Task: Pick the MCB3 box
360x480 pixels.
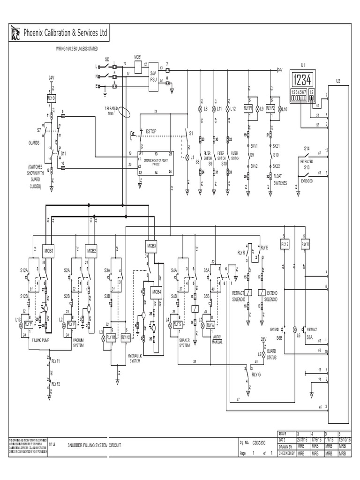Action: click(x=151, y=245)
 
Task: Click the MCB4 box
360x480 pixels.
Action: click(x=156, y=291)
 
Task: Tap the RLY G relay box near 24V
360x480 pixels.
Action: click(x=51, y=98)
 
